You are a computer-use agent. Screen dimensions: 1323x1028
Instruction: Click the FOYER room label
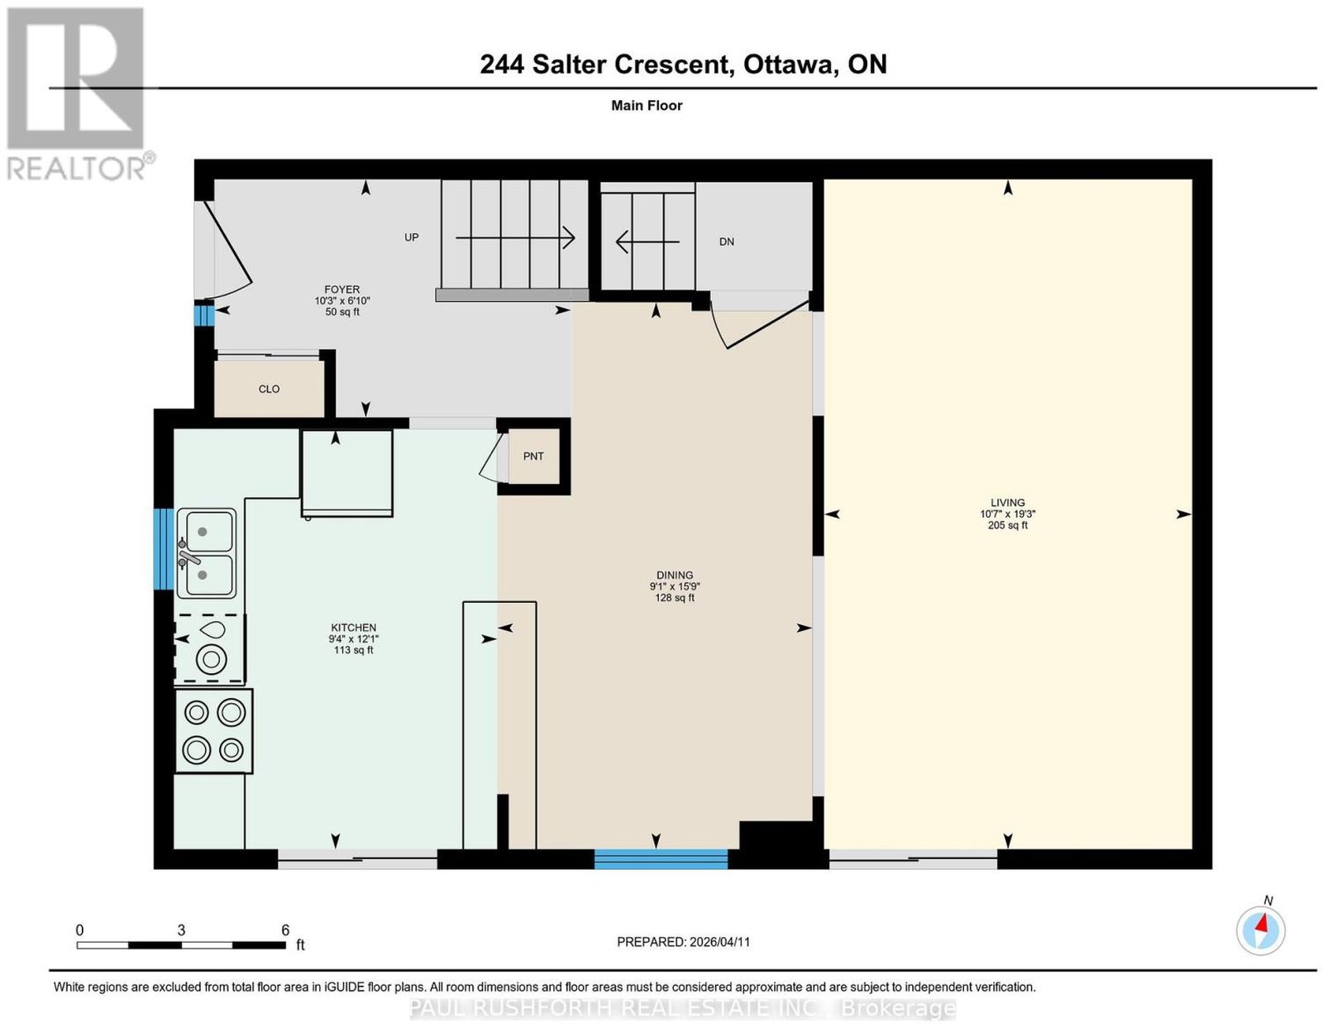pos(341,289)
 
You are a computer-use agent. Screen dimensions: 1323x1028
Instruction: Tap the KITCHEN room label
pos(353,628)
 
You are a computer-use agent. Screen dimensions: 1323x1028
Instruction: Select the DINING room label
pos(675,575)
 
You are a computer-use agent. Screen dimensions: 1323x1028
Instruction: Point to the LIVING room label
pos(1008,503)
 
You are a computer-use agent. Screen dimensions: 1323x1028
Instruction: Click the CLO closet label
pos(269,389)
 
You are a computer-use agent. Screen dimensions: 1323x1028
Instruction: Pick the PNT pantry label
pos(533,457)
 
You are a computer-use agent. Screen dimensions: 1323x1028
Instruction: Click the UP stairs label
pos(412,237)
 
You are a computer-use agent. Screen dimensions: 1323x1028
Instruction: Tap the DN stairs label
pos(726,241)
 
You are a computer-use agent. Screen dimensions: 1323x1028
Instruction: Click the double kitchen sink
pos(207,553)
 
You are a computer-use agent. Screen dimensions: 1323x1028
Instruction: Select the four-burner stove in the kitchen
pos(213,731)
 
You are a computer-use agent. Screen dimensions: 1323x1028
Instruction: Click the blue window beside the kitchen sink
pos(163,549)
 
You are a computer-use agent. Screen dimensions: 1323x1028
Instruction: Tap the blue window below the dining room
pos(661,858)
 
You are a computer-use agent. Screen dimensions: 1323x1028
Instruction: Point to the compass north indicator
pos(1260,930)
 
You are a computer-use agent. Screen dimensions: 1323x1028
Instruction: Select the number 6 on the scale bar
pos(285,930)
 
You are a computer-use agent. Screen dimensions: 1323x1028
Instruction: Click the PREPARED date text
pos(683,942)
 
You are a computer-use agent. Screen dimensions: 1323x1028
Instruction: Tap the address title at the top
pos(683,65)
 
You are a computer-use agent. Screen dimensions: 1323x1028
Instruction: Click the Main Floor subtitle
pos(647,105)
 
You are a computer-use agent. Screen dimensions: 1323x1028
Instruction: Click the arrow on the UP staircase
pos(515,237)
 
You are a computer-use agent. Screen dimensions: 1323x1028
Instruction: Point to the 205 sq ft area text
pos(1008,525)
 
